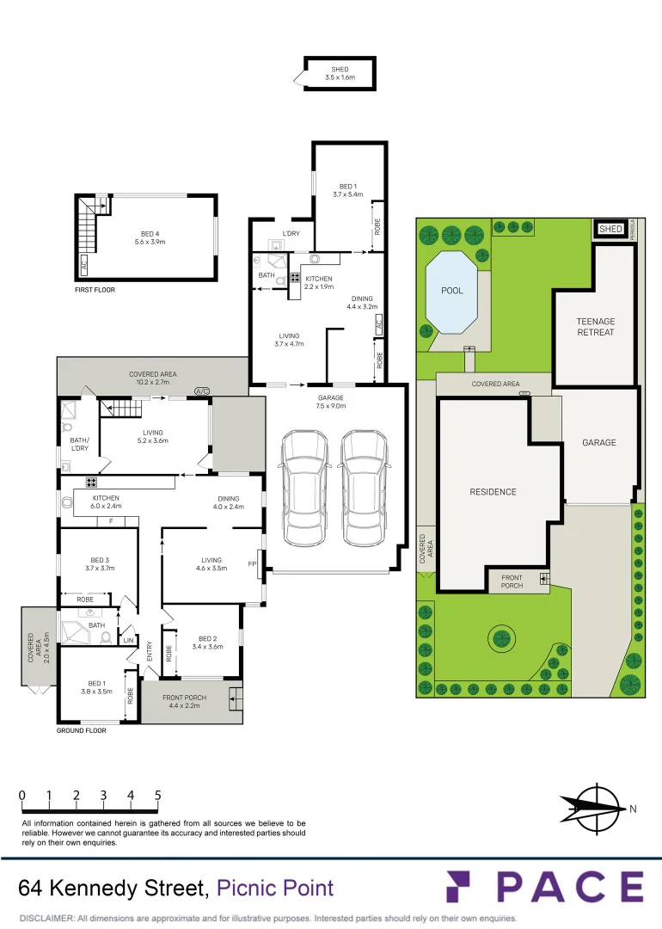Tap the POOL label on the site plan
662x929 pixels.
pos(452,291)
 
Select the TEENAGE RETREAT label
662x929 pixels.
pos(596,327)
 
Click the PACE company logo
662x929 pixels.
pos(544,887)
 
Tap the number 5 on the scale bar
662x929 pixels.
pos(158,796)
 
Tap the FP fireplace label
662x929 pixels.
pos(253,564)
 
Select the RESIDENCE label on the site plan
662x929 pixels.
pos(493,492)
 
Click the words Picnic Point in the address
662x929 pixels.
pos(274,888)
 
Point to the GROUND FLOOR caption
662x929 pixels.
pos(82,730)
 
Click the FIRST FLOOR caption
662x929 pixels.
pos(95,290)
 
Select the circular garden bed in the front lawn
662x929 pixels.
pos(501,638)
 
